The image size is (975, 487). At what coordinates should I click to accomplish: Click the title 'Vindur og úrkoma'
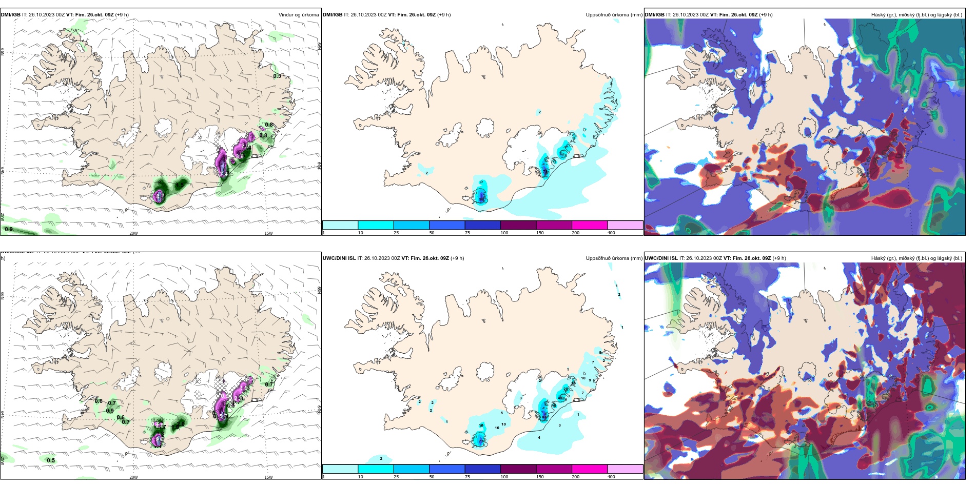(x=298, y=15)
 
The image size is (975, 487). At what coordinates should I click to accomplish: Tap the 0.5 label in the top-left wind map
(x=277, y=76)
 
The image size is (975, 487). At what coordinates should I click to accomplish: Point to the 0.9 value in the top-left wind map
(x=9, y=229)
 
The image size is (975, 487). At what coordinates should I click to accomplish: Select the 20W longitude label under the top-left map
(x=133, y=233)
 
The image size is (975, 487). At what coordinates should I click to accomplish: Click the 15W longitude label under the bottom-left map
(x=268, y=477)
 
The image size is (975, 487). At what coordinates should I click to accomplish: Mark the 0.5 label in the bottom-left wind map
(x=51, y=460)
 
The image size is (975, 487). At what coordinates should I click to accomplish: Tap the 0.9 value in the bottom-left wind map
(x=110, y=411)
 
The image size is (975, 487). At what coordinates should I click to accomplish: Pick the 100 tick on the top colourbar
(x=504, y=233)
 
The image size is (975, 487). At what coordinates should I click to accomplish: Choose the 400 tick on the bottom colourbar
(x=611, y=477)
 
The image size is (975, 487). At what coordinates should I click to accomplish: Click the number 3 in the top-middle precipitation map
(x=611, y=84)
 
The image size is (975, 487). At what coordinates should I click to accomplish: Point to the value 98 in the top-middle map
(x=481, y=199)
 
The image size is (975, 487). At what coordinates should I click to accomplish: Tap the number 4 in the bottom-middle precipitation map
(x=539, y=437)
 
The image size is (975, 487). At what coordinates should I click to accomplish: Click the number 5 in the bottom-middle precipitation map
(x=502, y=413)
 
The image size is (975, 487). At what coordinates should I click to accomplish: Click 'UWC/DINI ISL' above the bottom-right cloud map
(x=661, y=258)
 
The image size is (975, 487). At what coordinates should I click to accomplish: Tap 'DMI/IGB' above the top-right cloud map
(x=654, y=15)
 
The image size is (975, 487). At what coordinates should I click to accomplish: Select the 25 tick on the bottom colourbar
(x=396, y=477)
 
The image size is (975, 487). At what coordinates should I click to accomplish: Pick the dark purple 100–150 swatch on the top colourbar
(x=518, y=225)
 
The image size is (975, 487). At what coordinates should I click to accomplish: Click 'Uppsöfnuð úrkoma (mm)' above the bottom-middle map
(x=614, y=258)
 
